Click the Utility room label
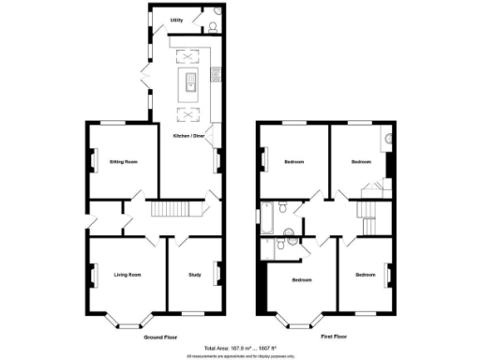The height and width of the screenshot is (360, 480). [x=176, y=19]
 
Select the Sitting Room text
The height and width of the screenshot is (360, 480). [x=124, y=162]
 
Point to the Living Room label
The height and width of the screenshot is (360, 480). [x=127, y=275]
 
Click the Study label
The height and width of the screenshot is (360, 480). [x=195, y=275]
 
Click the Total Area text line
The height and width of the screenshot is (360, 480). [x=240, y=347]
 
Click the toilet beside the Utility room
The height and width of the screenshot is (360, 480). [x=215, y=26]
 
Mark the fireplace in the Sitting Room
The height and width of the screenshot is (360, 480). [x=92, y=161]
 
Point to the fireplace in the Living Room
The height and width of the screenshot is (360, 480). [x=92, y=275]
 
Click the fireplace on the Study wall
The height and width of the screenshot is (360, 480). [x=217, y=274]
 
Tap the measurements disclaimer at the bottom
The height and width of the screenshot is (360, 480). [x=240, y=355]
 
